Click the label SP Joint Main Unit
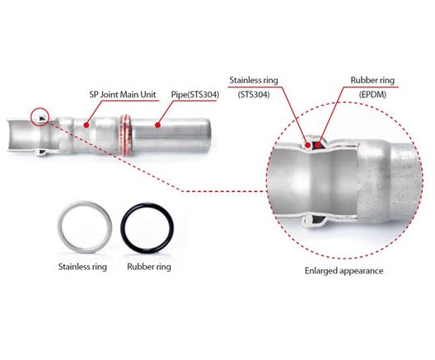[122, 95]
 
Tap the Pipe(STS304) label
[194, 95]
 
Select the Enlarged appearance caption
[344, 270]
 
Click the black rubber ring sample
[124, 228]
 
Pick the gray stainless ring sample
[60, 227]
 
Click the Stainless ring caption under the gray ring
[82, 267]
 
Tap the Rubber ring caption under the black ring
[149, 267]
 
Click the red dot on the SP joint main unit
[87, 125]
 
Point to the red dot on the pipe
[157, 125]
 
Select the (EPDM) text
[372, 95]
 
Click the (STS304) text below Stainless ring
[254, 95]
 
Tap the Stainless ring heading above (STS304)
[254, 80]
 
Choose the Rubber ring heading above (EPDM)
[372, 80]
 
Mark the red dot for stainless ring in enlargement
[307, 144]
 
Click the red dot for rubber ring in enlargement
[318, 144]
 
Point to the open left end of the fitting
[10, 135]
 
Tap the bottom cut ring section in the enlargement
[315, 221]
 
